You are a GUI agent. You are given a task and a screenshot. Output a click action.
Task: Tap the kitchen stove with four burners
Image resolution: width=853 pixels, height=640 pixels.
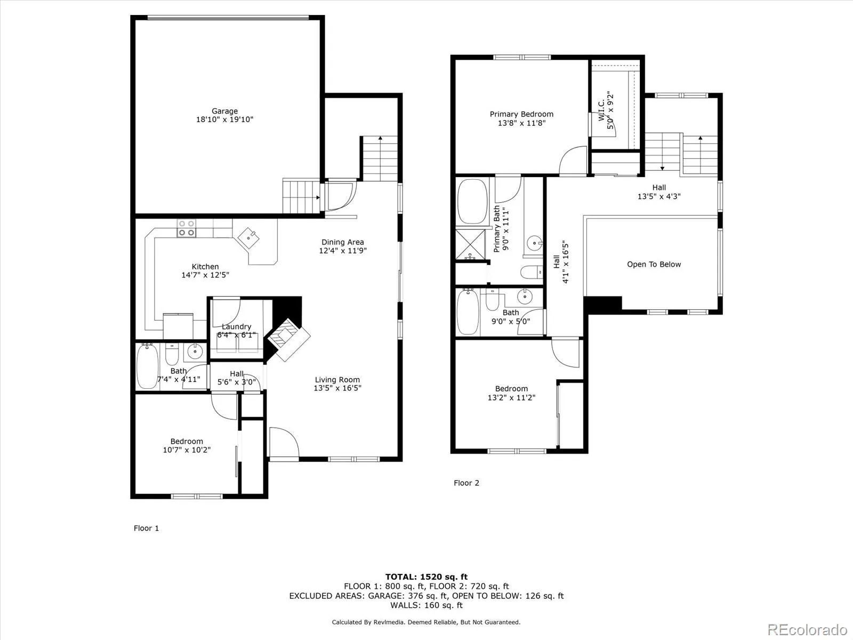[x=187, y=228]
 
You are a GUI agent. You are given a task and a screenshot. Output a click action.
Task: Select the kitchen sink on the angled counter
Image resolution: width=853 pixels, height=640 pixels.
[x=250, y=237]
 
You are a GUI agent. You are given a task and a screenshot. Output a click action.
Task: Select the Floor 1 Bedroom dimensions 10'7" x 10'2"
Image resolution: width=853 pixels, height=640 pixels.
[x=187, y=450]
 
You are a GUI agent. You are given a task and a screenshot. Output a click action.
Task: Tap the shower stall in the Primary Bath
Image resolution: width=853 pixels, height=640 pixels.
[x=471, y=245]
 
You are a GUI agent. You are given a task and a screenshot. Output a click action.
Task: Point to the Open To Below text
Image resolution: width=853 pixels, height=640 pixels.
[x=654, y=265]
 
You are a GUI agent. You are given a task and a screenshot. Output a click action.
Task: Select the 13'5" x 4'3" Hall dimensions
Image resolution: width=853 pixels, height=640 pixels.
[x=659, y=196]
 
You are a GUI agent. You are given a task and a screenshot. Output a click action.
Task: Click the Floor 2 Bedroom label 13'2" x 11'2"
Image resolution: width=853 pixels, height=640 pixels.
[x=511, y=393]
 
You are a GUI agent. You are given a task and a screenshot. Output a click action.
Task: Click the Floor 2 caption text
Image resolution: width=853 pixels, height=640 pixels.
[x=466, y=483]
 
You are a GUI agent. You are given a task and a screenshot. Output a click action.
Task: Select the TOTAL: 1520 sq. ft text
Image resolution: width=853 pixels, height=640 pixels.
[x=426, y=577]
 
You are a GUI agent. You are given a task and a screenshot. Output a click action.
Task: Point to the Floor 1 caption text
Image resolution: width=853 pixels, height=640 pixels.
[x=146, y=529]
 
